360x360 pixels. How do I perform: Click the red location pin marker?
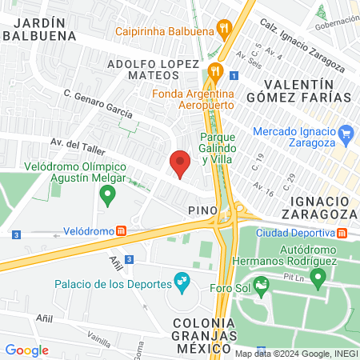point(181,163)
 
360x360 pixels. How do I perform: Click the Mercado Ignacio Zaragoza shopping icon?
point(346,132)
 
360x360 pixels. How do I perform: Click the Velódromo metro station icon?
point(121,231)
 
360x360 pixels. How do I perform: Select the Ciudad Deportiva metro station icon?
point(342,233)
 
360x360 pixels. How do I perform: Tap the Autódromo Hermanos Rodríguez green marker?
point(318,278)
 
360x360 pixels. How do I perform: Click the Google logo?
point(26,350)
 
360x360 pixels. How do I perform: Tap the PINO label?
point(203,210)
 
